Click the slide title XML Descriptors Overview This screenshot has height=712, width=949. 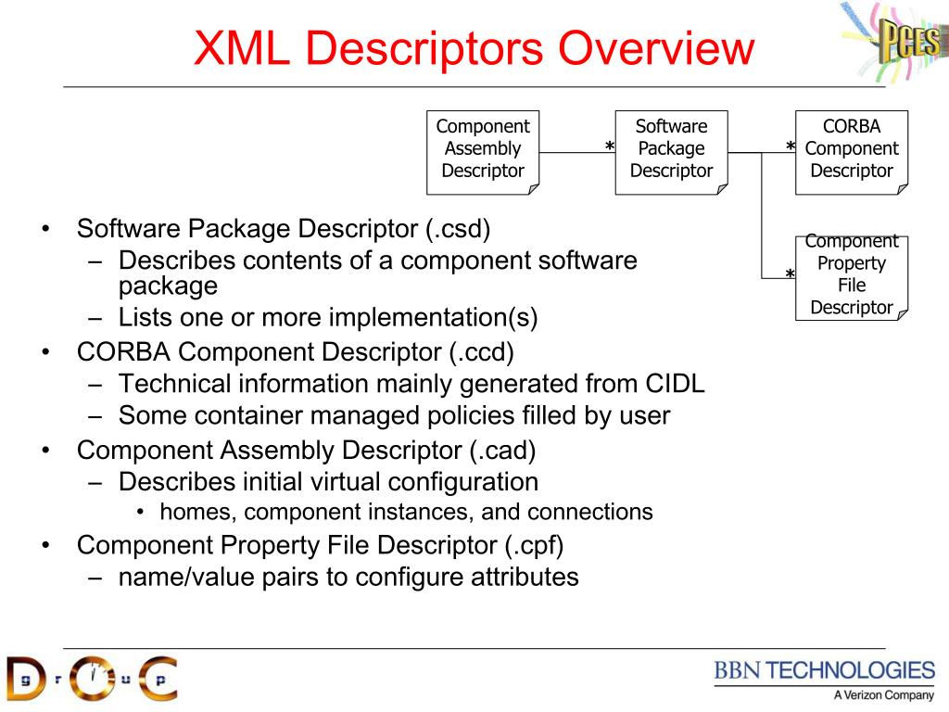coord(473,48)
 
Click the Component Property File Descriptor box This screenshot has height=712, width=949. coord(851,275)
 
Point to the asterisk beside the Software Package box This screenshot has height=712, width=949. coord(610,148)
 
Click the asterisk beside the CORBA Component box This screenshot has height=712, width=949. coord(791,148)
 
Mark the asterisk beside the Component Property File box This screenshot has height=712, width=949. coord(791,275)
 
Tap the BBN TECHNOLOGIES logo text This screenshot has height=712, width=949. coord(824,670)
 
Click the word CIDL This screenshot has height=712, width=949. coord(674,384)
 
